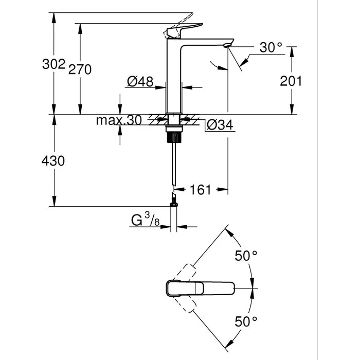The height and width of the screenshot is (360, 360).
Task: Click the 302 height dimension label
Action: click(54, 64)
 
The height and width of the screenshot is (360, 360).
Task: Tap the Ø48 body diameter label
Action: click(140, 81)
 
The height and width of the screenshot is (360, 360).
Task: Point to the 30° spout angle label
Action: click(271, 48)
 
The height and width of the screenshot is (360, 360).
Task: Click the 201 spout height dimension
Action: click(291, 81)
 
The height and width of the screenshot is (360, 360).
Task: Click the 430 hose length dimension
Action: click(53, 161)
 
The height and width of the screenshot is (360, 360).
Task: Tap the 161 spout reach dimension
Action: click(201, 190)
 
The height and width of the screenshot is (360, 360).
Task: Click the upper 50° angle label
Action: click(246, 256)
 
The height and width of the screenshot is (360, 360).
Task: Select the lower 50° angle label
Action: click(246, 322)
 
